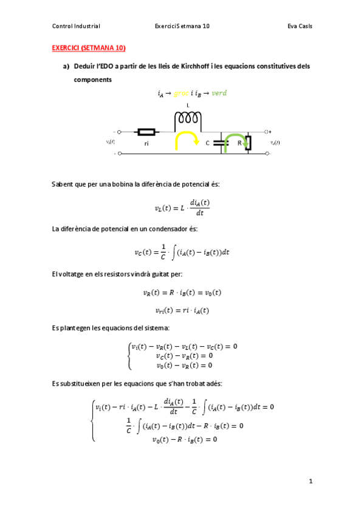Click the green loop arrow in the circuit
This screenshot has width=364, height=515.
point(235,143)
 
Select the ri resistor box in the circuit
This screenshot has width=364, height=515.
point(147,131)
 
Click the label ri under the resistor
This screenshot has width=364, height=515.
point(146,144)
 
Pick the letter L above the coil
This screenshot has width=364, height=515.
point(188,106)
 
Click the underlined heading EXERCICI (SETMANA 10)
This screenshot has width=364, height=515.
point(84,47)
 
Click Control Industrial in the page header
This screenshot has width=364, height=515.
point(77,26)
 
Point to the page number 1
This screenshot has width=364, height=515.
point(310,481)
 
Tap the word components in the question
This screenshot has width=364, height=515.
point(92,80)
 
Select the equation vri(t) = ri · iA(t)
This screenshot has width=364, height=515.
point(182,310)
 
